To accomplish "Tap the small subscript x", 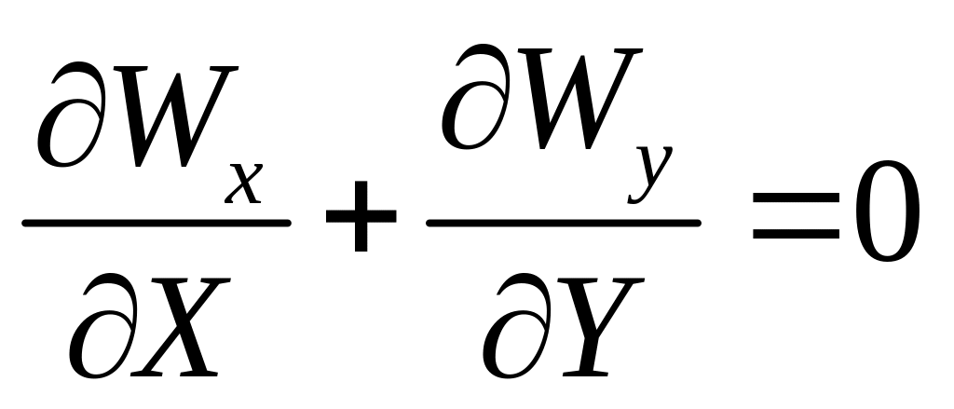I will click(245, 185).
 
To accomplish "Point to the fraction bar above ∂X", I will click(156, 223).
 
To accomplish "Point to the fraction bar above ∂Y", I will click(563, 223).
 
